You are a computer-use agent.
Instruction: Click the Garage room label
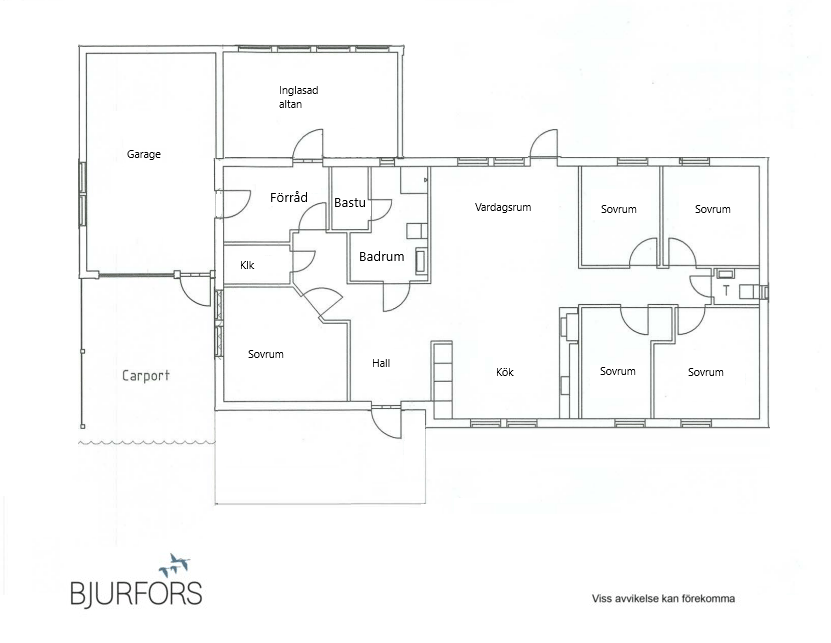[144, 154]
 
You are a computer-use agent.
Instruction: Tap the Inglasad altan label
[298, 97]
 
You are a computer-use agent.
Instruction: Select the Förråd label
[288, 197]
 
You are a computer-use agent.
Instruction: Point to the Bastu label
[350, 202]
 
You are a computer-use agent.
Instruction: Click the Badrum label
[382, 257]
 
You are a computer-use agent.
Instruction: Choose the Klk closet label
[247, 265]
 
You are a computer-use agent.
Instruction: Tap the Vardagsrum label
[503, 207]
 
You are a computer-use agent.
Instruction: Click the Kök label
[505, 372]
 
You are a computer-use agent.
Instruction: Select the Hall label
[381, 363]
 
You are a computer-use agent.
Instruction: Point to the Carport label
[146, 376]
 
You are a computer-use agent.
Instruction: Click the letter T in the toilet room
[726, 290]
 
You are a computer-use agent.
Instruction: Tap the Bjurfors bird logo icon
[174, 566]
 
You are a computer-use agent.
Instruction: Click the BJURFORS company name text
[136, 593]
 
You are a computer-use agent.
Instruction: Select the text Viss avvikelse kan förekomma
[663, 598]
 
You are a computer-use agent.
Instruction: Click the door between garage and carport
[195, 290]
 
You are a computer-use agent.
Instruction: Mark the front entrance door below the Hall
[386, 422]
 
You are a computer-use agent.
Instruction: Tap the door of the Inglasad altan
[308, 144]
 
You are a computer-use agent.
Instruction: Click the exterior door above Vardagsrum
[544, 144]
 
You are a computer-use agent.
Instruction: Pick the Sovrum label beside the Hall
[266, 354]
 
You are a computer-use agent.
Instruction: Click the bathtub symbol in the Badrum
[421, 261]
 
